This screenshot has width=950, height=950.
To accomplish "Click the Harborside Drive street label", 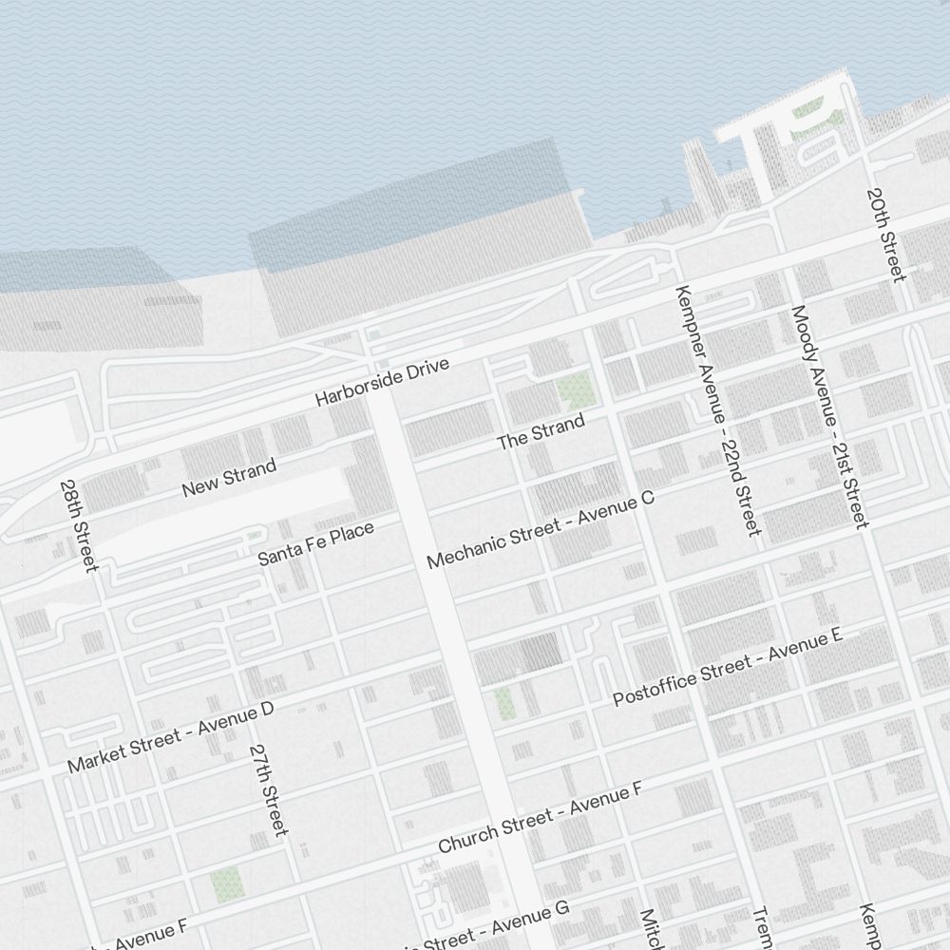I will [382, 383].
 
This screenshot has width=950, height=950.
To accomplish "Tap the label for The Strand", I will [541, 433].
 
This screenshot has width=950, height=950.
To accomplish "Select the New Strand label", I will [229, 477].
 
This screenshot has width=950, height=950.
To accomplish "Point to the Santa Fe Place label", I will [316, 544].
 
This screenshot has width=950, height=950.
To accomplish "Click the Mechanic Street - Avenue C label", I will [541, 530].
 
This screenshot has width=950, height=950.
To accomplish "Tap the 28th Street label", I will [78, 525].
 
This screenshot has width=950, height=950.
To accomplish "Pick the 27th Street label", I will [268, 789].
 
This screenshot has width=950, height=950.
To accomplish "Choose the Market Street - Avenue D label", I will [171, 737].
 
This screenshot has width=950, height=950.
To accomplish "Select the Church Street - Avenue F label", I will [541, 818].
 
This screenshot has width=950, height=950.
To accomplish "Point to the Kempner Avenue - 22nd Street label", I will [717, 409].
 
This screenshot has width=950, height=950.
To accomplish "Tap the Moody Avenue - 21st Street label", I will [829, 416].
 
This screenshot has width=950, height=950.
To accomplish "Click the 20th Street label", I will [885, 234].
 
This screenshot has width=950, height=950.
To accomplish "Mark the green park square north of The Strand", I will [575, 389].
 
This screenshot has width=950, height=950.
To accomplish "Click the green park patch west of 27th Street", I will [227, 884].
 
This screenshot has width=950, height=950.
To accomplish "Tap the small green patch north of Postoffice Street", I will [503, 704].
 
